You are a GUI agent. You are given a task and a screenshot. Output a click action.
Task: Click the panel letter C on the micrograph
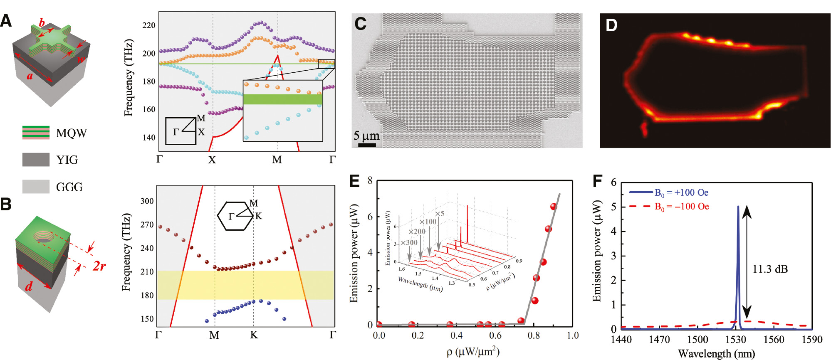tap(360, 24)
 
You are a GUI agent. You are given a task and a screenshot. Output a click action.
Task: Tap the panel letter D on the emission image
tap(611, 25)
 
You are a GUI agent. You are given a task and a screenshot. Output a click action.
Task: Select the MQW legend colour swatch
tap(36, 133)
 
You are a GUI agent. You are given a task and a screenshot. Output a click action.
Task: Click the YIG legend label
tap(67, 160)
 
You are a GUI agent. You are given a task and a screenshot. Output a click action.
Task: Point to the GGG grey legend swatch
tap(36, 187)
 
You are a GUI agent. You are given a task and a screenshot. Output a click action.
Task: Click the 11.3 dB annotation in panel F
tap(770, 269)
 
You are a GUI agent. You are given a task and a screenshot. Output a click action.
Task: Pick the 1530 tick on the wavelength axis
tap(736, 340)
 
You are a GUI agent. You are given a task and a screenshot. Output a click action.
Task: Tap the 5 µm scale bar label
tap(366, 136)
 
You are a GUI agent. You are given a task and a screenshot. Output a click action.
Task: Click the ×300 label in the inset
tap(409, 243)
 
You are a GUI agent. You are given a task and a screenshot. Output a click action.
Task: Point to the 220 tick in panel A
tap(148, 25)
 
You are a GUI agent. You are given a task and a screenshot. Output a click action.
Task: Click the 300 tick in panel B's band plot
tap(147, 201)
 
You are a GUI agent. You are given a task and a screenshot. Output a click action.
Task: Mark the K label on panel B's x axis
tap(254, 335)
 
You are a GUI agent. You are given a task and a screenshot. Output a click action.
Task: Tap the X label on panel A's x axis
tap(212, 160)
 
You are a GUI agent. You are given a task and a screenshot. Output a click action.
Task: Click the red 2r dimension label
tap(99, 266)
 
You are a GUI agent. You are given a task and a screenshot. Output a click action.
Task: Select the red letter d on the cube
tap(29, 286)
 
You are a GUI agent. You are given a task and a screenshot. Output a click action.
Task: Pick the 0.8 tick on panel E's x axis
tap(534, 335)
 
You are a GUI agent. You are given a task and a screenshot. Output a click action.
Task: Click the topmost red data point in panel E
tap(553, 207)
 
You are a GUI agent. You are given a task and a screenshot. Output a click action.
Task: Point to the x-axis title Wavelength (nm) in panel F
tap(716, 354)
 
